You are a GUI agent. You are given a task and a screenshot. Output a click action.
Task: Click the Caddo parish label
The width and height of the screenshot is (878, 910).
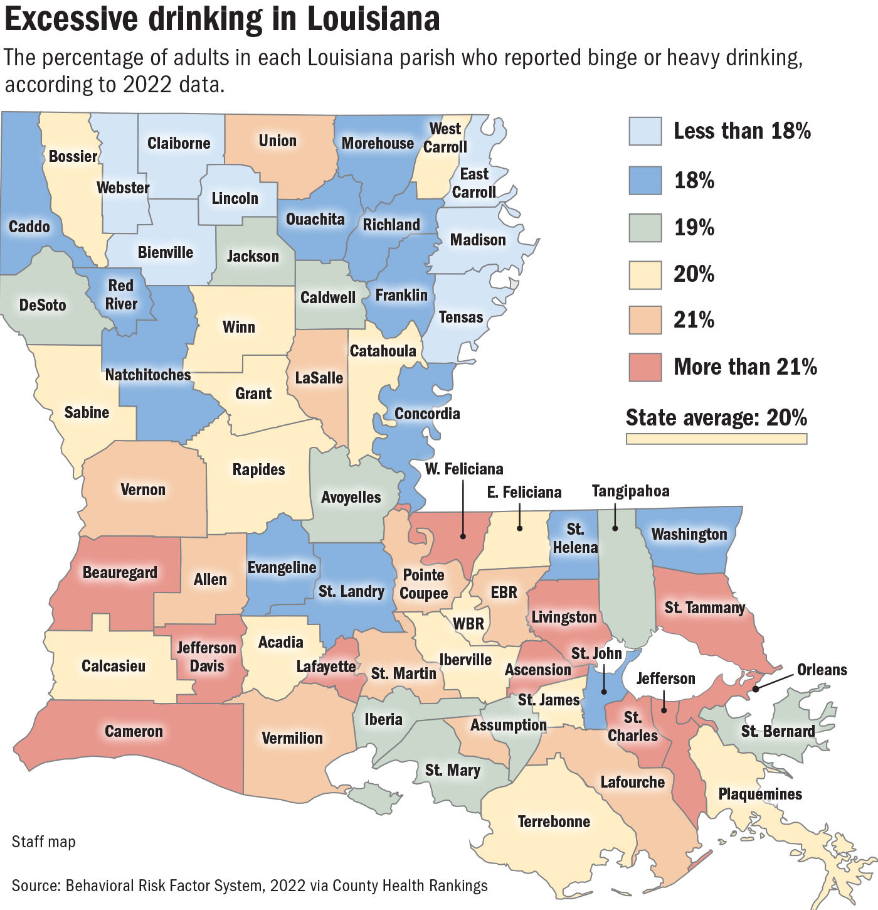click(29, 227)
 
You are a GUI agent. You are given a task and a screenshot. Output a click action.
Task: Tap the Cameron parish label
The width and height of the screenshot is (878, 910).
click(134, 731)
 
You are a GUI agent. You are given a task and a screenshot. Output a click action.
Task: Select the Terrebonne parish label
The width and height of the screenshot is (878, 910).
click(554, 822)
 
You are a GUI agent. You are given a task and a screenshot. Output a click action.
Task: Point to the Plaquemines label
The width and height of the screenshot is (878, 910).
click(760, 794)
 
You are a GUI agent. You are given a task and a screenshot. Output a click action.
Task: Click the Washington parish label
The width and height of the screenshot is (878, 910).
click(689, 534)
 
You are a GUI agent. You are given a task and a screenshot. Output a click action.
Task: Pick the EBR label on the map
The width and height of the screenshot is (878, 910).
click(504, 592)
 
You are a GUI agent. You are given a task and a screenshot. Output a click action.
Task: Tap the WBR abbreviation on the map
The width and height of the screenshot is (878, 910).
click(468, 623)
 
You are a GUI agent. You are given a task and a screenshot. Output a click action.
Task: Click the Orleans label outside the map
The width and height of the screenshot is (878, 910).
click(822, 670)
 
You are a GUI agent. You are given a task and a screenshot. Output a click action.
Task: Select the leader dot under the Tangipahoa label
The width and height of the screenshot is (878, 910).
click(615, 528)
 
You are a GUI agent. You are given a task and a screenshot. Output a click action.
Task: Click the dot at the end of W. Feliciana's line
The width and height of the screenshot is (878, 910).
click(463, 536)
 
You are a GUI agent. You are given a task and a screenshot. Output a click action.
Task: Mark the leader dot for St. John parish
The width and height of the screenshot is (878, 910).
click(603, 692)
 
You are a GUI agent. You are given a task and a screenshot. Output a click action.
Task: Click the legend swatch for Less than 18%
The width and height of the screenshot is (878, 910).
click(645, 131)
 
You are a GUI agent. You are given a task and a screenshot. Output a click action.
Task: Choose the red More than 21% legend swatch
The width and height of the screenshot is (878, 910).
click(645, 367)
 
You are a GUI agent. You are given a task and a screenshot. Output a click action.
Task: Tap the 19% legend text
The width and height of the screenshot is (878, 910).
click(694, 227)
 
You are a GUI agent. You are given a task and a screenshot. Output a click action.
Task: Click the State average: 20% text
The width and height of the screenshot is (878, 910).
click(716, 417)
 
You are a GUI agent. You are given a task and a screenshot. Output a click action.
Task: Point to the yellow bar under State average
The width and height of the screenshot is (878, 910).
click(716, 439)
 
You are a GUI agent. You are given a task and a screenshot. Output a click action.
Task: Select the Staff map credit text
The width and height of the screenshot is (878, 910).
click(43, 842)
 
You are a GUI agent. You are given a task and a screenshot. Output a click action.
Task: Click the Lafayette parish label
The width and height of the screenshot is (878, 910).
click(325, 666)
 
